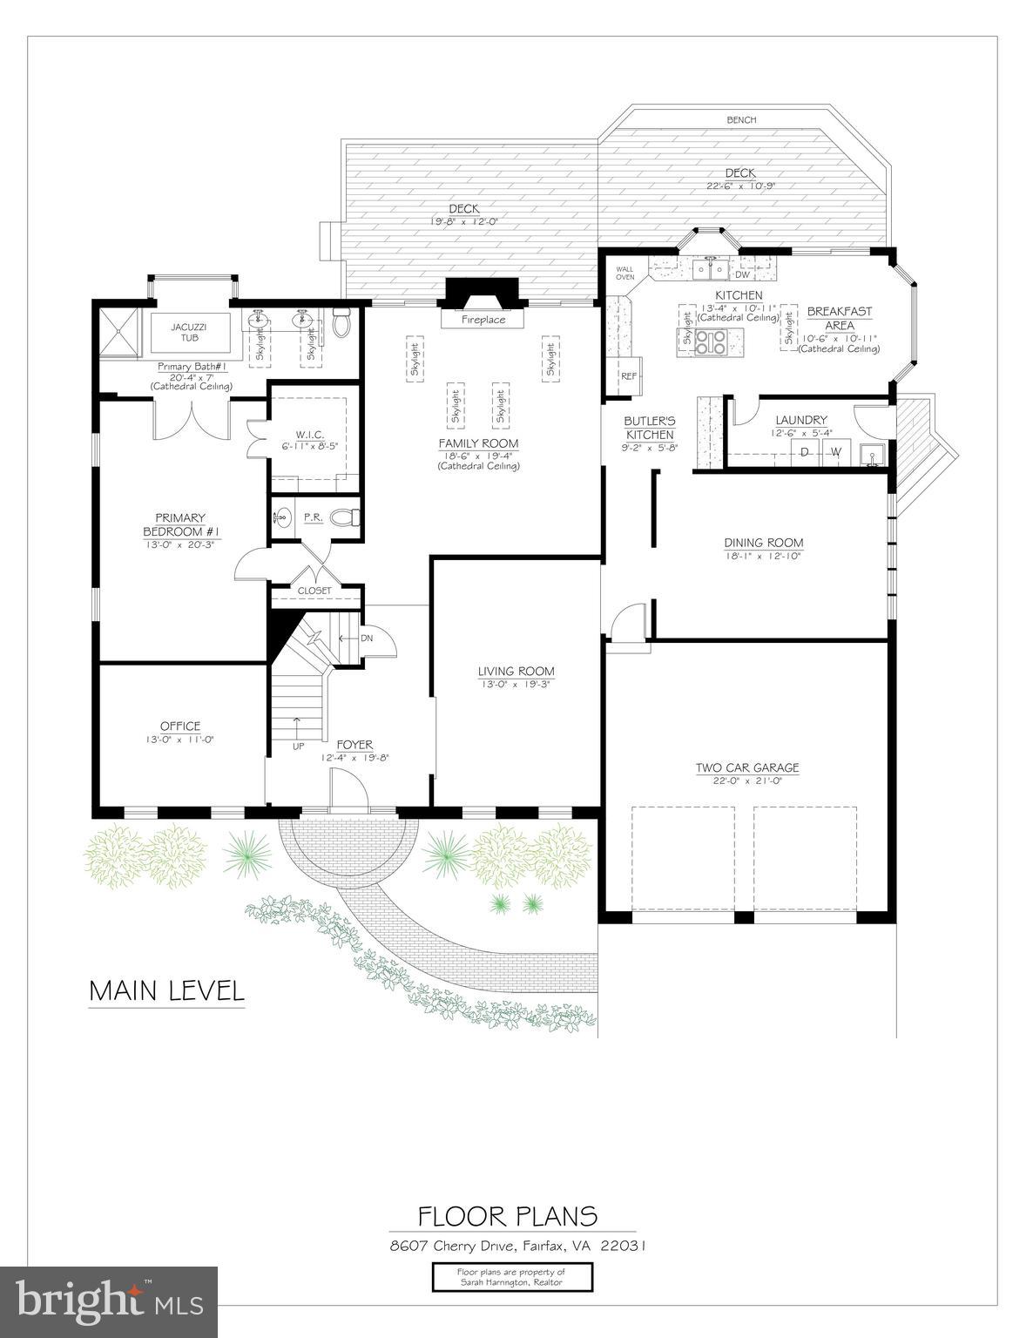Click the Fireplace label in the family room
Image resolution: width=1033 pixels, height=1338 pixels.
483,320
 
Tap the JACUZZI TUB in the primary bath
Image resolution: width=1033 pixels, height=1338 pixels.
190,332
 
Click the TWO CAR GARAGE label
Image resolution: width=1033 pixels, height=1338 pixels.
746,767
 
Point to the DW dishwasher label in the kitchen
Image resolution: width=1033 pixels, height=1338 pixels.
743,274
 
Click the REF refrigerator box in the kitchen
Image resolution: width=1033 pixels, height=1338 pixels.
628,375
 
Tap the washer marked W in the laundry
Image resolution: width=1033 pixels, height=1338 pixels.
835,451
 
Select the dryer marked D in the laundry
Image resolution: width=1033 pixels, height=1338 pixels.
804,451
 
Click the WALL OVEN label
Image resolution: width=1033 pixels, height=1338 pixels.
625,273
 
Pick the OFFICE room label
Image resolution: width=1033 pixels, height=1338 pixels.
180,726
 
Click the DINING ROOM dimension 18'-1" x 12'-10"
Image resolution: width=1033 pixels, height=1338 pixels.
763,555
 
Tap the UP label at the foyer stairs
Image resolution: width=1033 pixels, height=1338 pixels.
298,746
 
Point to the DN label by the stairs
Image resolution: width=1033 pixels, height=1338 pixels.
368,638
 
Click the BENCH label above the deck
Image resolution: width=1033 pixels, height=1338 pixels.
741,120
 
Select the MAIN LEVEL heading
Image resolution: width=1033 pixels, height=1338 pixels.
166,990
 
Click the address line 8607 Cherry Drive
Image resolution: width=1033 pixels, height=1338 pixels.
517,1246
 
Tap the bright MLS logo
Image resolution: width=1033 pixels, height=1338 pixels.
109,1302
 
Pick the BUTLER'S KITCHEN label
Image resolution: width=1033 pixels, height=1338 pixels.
650,428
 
